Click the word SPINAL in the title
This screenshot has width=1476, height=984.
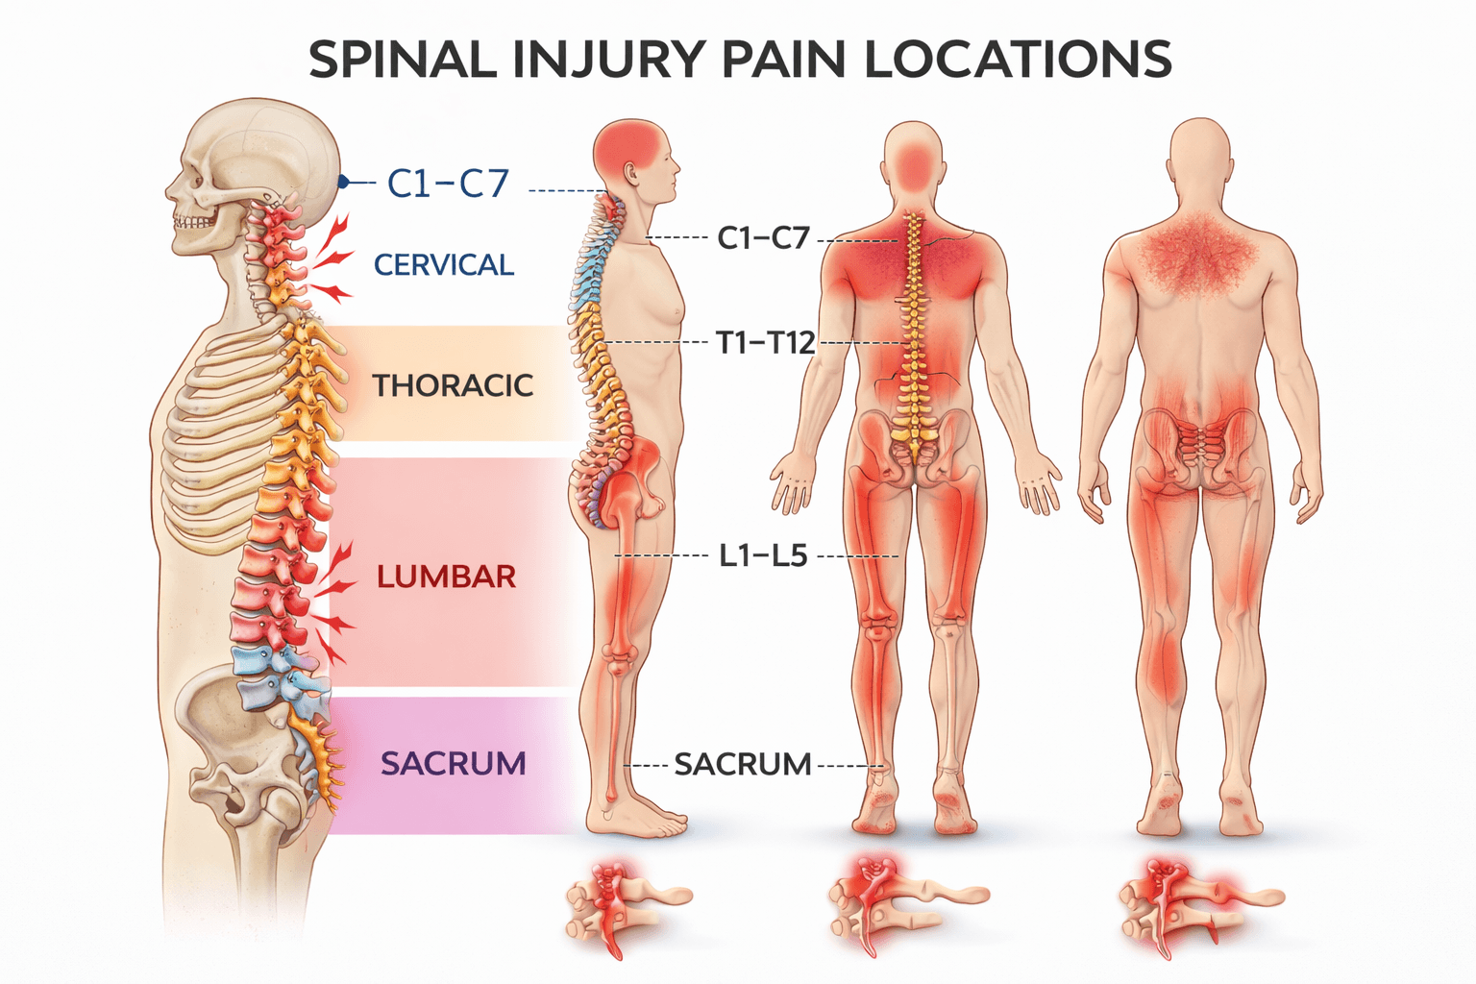[x=402, y=60]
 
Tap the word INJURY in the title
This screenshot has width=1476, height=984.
[x=610, y=60]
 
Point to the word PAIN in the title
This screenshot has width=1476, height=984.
[x=784, y=60]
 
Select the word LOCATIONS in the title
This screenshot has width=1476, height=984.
[x=1018, y=60]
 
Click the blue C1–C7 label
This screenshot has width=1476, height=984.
[x=448, y=183]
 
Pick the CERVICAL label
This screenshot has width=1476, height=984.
[x=444, y=264]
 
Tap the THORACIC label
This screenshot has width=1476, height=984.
[x=453, y=385]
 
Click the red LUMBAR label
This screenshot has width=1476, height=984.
[x=447, y=577]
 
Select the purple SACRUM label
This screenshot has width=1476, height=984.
[x=454, y=763]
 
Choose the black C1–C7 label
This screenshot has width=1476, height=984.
[x=764, y=237]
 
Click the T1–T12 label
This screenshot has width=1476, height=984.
[x=766, y=342]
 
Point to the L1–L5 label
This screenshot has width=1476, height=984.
[x=764, y=555]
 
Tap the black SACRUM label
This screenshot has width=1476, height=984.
[x=743, y=765]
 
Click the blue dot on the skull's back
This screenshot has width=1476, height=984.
[x=343, y=182]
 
